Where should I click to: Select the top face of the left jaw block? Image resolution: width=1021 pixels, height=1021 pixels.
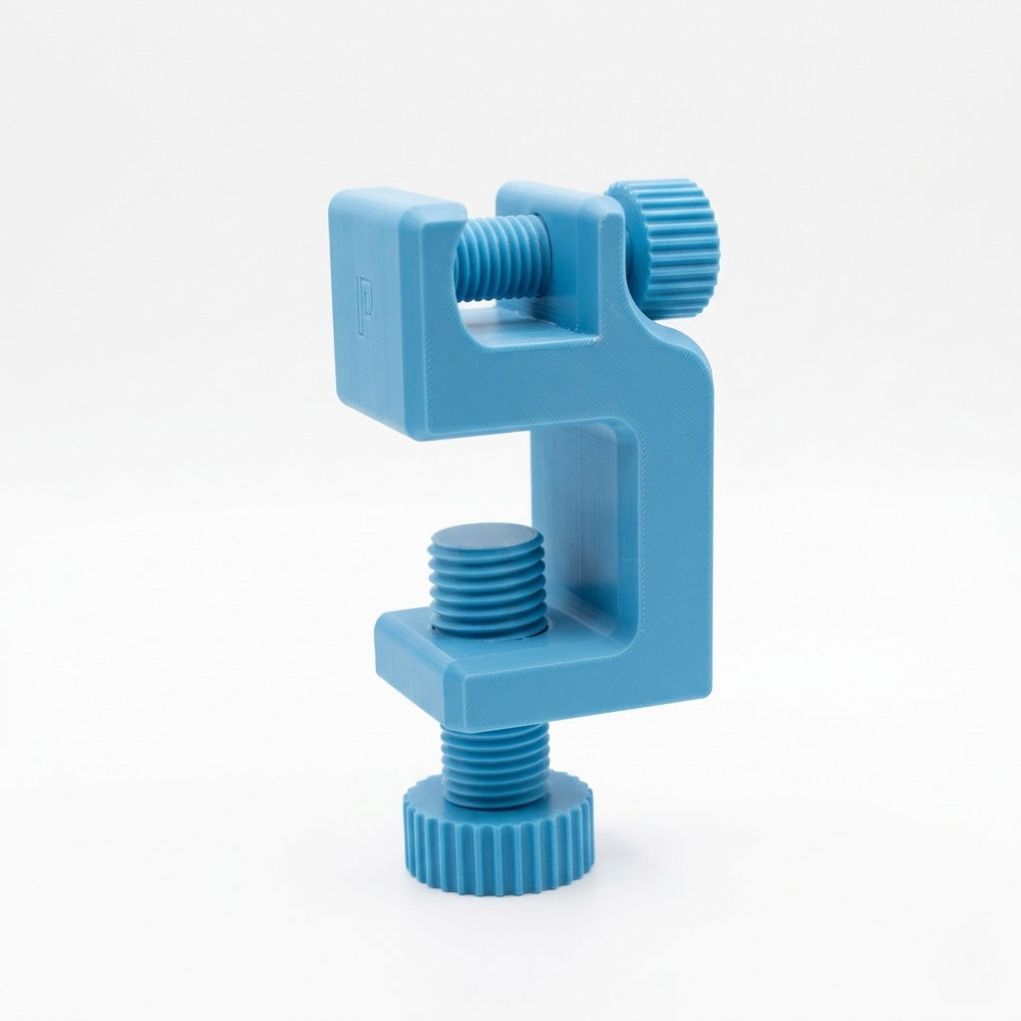(397, 205)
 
